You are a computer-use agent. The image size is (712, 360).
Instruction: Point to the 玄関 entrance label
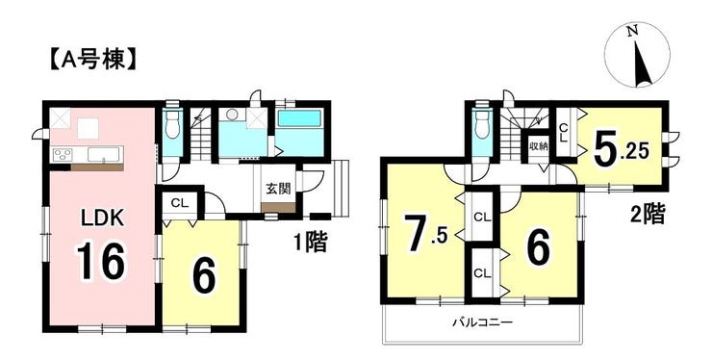click(x=278, y=189)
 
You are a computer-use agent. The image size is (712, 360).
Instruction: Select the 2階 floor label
click(x=648, y=214)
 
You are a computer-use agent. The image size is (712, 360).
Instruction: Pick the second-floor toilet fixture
click(x=483, y=127)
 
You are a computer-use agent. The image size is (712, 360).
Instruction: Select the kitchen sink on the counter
click(x=99, y=155)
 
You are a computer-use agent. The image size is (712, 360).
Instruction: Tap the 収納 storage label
click(x=538, y=146)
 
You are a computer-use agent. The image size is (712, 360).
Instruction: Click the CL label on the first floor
click(x=179, y=203)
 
